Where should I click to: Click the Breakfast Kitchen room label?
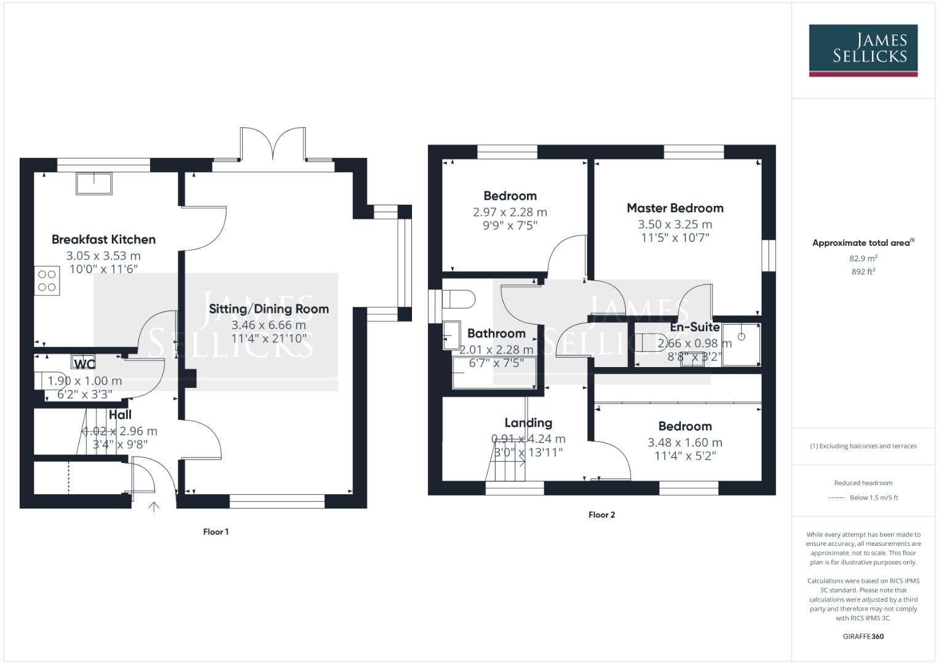tap(103, 239)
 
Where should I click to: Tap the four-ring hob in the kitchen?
tap(47, 281)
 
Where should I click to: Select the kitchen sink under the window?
tap(94, 183)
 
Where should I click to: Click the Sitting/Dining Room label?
tap(269, 309)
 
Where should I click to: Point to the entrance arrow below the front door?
tap(154, 507)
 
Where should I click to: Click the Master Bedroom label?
tap(675, 208)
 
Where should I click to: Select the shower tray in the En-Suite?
tap(741, 343)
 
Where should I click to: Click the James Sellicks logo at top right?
tap(863, 50)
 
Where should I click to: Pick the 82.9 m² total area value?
tap(863, 258)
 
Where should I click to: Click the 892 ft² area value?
tap(863, 272)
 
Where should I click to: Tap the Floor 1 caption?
tap(216, 532)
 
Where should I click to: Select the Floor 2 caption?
tap(601, 515)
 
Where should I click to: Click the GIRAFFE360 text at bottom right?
tap(863, 636)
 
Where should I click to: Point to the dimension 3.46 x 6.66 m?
tap(269, 325)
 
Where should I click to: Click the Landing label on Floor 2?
tap(528, 422)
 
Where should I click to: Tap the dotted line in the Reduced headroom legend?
tap(837, 498)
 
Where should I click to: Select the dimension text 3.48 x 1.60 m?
tap(684, 442)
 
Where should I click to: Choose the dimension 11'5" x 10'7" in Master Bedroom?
tap(675, 237)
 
